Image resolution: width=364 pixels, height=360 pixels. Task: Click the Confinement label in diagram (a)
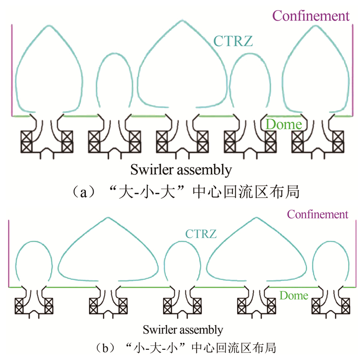click(x=311, y=16)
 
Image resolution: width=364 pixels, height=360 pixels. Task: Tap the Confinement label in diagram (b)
click(x=317, y=214)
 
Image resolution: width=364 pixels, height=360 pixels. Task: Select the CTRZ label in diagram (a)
click(x=233, y=40)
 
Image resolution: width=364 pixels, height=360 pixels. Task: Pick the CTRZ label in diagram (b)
click(x=201, y=234)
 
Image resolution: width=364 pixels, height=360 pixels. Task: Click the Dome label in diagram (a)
click(x=284, y=124)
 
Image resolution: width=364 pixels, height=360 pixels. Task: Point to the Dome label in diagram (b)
click(x=294, y=295)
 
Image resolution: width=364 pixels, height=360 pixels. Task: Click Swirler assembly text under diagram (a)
click(x=181, y=169)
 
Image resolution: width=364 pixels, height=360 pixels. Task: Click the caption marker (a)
click(x=82, y=193)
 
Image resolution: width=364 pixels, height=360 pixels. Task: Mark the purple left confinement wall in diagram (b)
click(x=9, y=253)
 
